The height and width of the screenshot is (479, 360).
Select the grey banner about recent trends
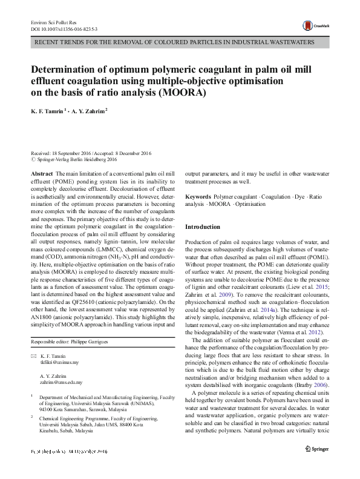pos(180,44)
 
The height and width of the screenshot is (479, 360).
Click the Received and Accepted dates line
pos(90,154)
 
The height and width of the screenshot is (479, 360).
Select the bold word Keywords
pos(198,197)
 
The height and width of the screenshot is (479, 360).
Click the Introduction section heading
pos(203,227)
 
